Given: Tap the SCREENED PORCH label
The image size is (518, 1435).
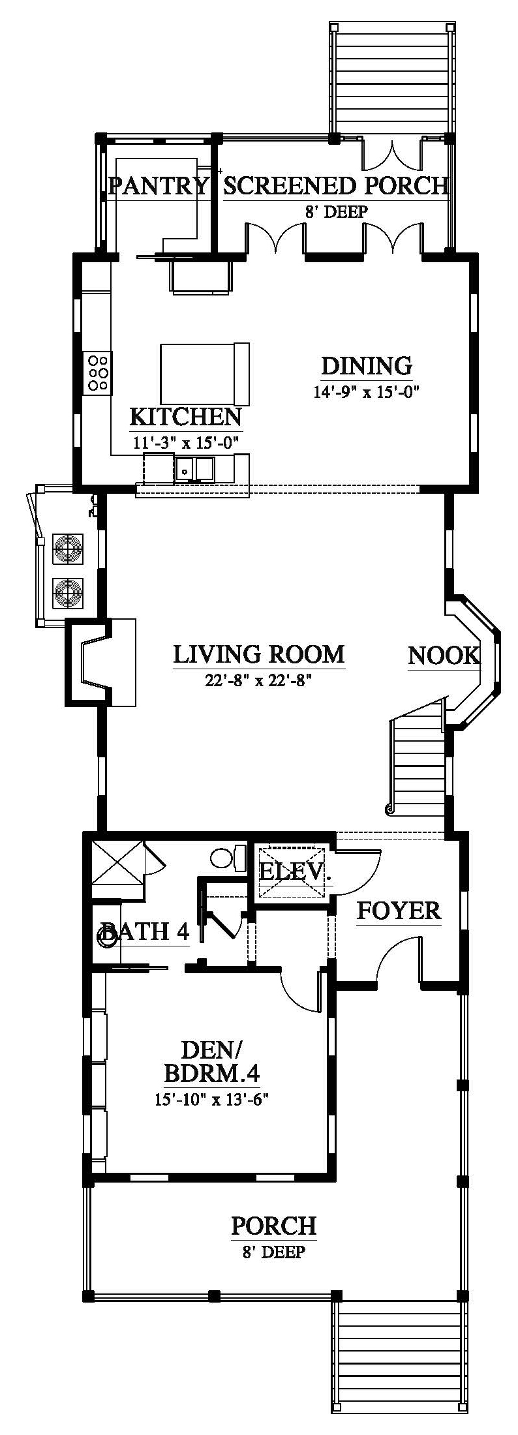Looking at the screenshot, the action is (336, 187).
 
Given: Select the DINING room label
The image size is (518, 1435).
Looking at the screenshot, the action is (367, 365).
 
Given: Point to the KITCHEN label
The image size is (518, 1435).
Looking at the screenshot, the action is (186, 416).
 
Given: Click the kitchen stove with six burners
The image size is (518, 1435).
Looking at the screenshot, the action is (97, 372).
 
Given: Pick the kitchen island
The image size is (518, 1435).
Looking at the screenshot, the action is (205, 374).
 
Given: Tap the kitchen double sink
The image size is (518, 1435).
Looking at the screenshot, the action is (194, 468).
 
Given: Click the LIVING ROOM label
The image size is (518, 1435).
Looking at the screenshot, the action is (258, 654).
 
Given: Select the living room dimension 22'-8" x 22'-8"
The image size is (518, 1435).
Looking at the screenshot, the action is (258, 681).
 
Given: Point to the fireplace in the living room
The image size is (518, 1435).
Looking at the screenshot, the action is (99, 662).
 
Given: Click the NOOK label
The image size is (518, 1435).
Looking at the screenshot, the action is (444, 656).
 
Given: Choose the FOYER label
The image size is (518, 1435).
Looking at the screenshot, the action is (399, 911).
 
